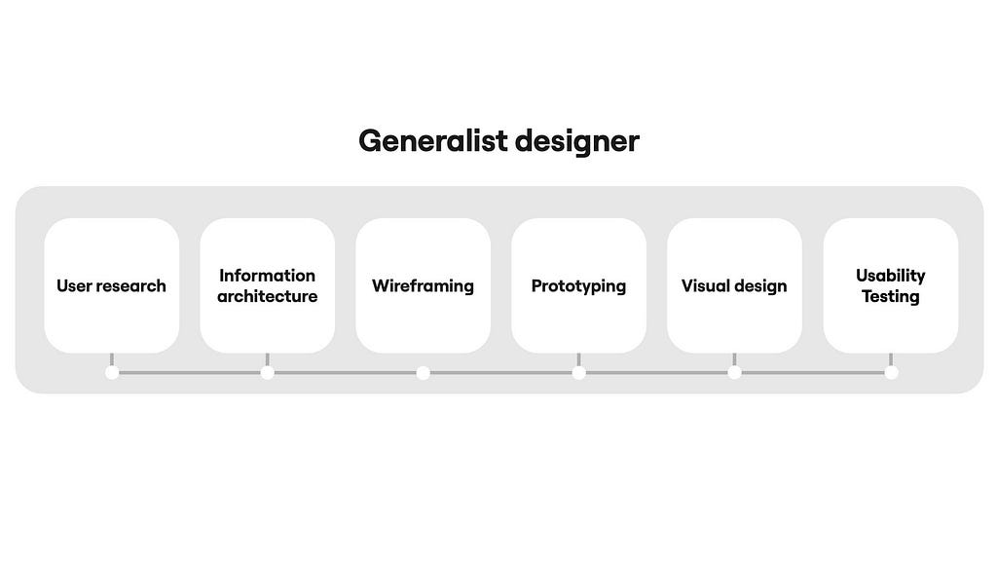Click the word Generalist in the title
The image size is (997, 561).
coord(433,141)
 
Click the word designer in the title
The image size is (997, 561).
coord(576,141)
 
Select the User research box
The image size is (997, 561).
coord(112,285)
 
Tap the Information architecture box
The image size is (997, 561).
coord(268,285)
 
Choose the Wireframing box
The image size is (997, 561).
coord(424,285)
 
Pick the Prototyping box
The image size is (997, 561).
coord(578,285)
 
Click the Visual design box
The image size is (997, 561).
coord(734,285)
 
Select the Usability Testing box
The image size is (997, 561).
coord(891,285)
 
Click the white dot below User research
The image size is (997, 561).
coord(112,373)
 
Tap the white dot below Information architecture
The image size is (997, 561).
coord(268,373)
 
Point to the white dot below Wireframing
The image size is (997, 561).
coord(424,373)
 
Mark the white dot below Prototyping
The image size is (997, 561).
coord(578,373)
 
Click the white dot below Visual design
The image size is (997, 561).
coord(734,373)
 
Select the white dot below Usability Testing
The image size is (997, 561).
coord(892,373)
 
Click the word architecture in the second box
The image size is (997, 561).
coord(268,296)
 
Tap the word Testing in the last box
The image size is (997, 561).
coord(891,297)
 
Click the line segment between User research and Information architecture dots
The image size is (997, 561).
coord(190,373)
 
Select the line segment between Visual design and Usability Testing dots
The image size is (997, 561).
coord(813,373)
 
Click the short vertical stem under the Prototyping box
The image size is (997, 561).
coord(578,360)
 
